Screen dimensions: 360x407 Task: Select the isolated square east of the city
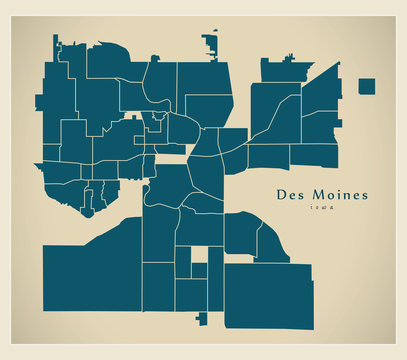click(366, 86)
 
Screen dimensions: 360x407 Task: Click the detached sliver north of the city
click(210, 43)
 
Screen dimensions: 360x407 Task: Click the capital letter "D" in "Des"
click(278, 193)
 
